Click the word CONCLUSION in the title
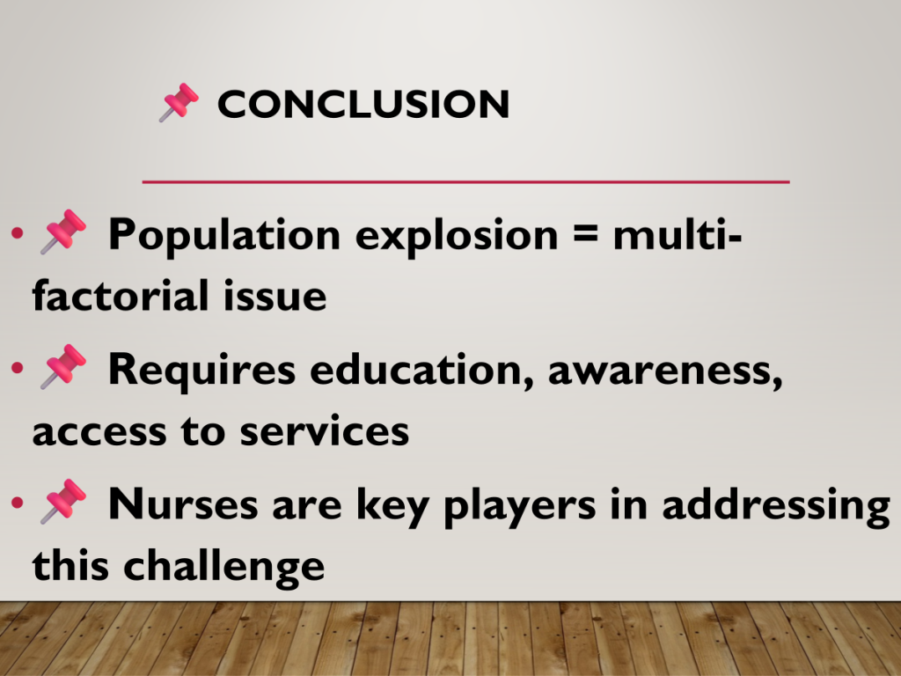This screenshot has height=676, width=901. (363, 104)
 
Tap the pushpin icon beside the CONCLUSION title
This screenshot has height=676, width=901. (179, 102)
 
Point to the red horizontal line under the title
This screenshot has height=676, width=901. (466, 181)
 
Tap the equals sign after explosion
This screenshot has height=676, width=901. (585, 235)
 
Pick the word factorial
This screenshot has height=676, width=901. (120, 296)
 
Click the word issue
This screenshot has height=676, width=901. (275, 296)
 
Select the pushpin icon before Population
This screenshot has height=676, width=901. (63, 231)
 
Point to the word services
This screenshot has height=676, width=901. (324, 431)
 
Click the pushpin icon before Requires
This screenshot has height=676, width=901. (63, 366)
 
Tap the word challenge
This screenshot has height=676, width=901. (224, 567)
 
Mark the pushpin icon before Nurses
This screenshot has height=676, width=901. (63, 501)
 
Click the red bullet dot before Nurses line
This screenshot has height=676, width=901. (18, 503)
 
